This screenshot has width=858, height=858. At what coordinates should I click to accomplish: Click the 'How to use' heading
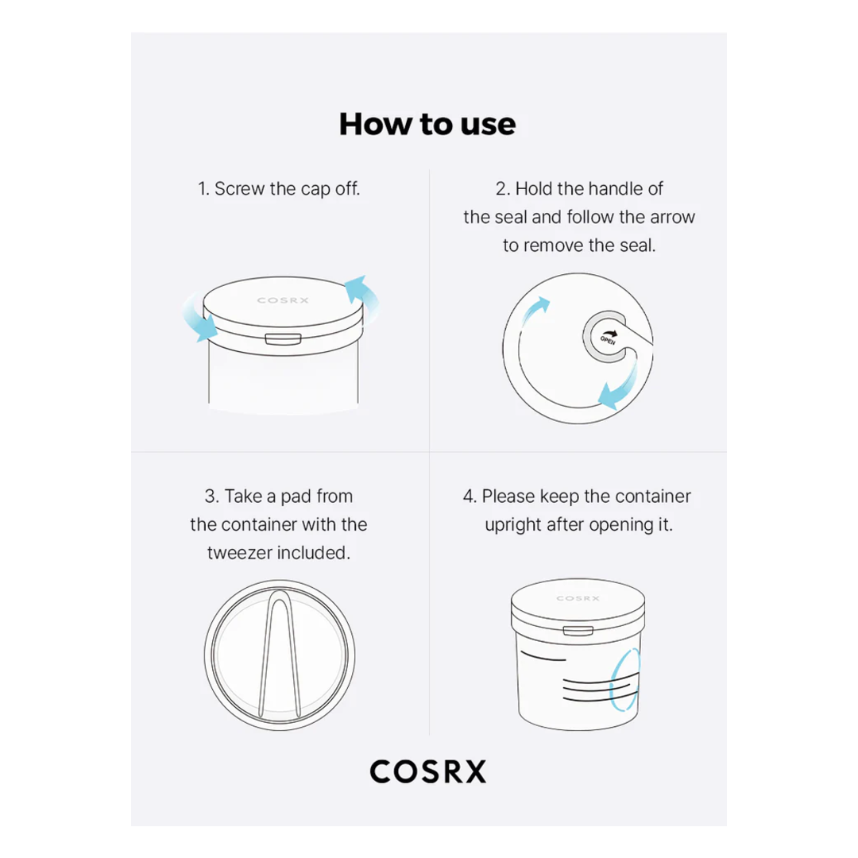coord(427,124)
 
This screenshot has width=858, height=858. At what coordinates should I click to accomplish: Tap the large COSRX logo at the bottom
coord(427,771)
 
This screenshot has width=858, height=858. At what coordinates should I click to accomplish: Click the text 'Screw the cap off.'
coord(287,189)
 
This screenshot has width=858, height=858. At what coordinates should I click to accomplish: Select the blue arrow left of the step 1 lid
coord(199,315)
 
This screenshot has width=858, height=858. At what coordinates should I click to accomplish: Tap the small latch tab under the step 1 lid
coord(283,339)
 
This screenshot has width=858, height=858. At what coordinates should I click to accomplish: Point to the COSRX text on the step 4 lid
coord(578,598)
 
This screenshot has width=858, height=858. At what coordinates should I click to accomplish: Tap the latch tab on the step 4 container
coord(578,631)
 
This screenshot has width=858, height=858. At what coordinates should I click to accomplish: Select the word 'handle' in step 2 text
coord(620,189)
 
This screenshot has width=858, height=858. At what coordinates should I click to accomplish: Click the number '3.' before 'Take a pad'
coord(211,497)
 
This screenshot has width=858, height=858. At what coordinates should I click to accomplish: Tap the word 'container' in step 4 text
coord(651,497)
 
